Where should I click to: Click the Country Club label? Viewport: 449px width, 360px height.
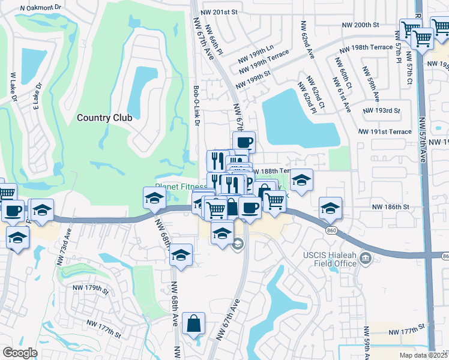pyautogui.click(x=104, y=118)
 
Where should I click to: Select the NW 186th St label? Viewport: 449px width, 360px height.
pyautogui.click(x=390, y=206)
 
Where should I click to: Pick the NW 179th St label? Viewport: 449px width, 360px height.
pyautogui.click(x=89, y=290)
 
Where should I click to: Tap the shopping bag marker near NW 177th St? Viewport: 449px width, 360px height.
pyautogui.click(x=193, y=324)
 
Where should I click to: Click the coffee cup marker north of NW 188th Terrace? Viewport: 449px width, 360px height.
pyautogui.click(x=244, y=143)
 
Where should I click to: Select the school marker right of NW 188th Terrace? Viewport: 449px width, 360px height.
pyautogui.click(x=301, y=180)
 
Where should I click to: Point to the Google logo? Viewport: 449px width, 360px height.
pyautogui.click(x=20, y=353)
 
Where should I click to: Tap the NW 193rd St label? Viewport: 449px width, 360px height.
pyautogui.click(x=382, y=110)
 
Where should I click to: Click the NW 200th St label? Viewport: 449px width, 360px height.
pyautogui.click(x=361, y=25)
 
